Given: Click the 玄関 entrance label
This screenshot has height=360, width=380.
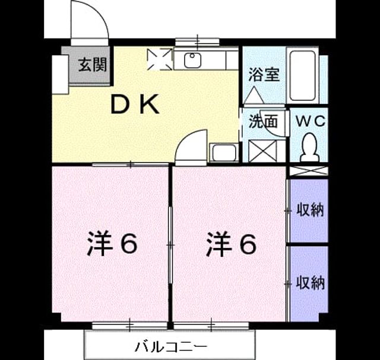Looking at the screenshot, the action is [x=93, y=65].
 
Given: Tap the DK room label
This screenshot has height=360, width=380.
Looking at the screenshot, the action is [x=135, y=104].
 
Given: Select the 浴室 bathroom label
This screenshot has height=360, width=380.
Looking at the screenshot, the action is [x=264, y=75].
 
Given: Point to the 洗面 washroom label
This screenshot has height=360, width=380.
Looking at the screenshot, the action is [x=263, y=121].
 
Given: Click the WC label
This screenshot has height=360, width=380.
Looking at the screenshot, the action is [x=311, y=121].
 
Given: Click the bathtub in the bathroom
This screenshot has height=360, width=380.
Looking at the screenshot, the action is [x=302, y=75].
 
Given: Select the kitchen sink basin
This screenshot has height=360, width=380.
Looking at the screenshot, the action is [x=192, y=60].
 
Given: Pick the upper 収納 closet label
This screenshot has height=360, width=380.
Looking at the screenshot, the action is [x=310, y=210].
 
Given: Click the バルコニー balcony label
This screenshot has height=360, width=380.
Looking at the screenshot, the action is [x=171, y=347].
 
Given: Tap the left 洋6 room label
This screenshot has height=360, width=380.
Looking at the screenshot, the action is [x=112, y=244].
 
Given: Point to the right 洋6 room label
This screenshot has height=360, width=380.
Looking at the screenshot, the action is [x=231, y=244].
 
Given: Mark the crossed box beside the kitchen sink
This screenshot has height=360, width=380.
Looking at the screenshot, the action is [x=160, y=59].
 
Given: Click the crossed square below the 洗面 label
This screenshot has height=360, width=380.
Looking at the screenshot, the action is [x=262, y=151].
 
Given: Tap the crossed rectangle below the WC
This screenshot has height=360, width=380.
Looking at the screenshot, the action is [x=309, y=171].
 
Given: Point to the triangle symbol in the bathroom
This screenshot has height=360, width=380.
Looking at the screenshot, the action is [x=254, y=95].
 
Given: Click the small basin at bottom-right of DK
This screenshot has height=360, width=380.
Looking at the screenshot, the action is [x=224, y=153].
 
